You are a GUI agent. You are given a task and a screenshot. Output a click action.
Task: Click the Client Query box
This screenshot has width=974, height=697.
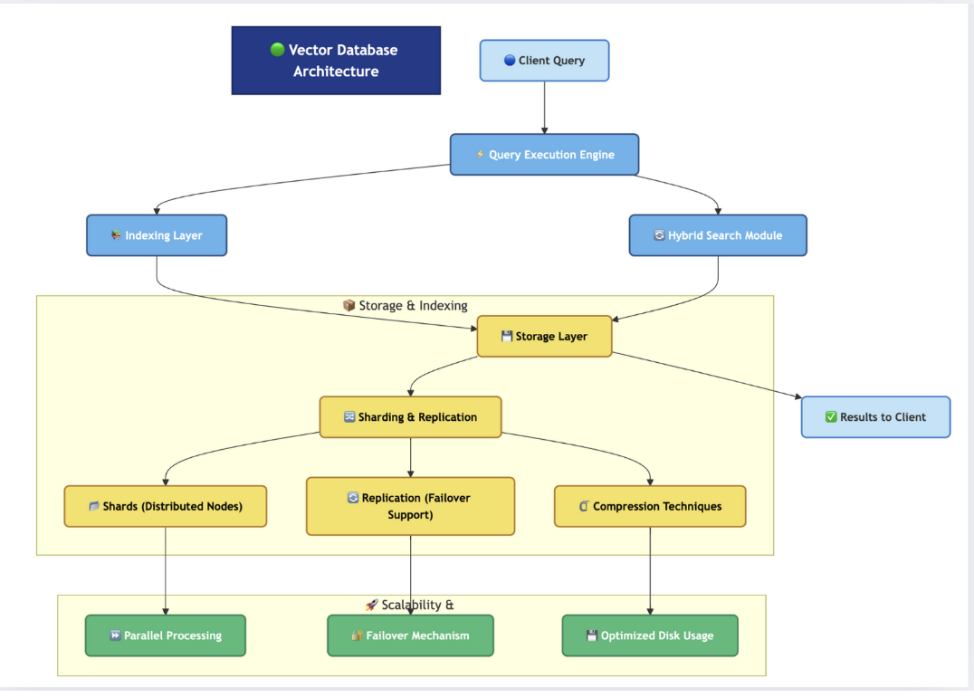[544, 61]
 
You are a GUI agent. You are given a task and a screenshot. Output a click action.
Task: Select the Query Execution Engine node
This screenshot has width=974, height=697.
[544, 155]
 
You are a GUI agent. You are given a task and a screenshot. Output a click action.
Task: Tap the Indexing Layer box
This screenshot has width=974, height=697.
[157, 235]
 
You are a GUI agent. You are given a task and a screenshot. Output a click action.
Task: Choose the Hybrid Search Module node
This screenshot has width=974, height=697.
[717, 235]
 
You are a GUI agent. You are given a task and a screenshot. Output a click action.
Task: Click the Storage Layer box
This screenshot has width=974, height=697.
[544, 337]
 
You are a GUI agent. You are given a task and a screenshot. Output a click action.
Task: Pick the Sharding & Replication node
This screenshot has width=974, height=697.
[410, 417]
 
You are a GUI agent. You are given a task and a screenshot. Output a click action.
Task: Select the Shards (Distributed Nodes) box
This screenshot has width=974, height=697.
[165, 506]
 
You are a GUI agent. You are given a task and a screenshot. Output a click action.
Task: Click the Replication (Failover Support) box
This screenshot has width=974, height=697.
[410, 506]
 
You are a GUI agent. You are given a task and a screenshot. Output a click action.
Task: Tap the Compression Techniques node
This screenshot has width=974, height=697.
[649, 506]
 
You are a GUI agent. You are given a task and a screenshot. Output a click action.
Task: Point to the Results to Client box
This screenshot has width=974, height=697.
[875, 417]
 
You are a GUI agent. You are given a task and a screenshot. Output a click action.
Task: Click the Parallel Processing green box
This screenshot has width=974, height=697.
[165, 635]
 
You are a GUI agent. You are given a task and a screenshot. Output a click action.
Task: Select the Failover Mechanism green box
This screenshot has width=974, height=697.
[410, 635]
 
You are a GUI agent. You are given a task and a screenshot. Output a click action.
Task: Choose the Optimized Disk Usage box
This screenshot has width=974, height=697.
[649, 635]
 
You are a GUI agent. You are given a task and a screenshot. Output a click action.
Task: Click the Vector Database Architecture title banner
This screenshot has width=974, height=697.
[336, 61]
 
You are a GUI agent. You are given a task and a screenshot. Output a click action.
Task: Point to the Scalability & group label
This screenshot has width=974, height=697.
[409, 605]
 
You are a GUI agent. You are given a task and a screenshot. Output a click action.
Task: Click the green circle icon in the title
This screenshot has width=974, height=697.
[277, 50]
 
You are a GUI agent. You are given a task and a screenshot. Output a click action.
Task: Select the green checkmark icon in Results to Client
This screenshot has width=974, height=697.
[831, 417]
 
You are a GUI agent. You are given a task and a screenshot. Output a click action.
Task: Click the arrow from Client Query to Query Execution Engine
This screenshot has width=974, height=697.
[544, 108]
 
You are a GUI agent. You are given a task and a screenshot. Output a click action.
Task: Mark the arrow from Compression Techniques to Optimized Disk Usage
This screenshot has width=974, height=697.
[650, 570]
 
